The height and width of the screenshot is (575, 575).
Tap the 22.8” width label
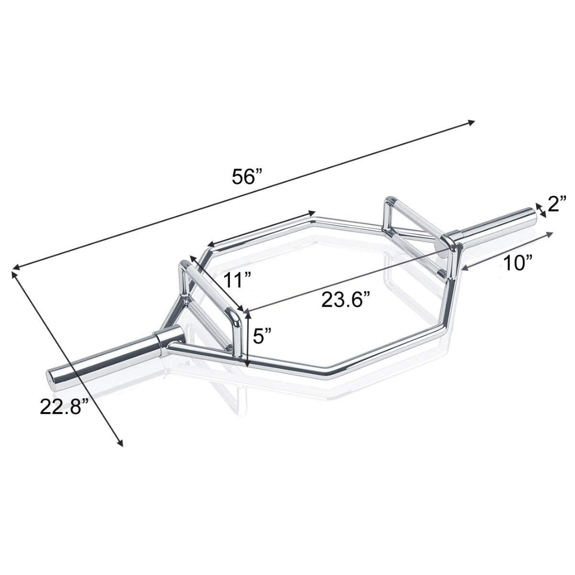point(63,407)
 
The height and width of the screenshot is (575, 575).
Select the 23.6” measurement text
point(345,300)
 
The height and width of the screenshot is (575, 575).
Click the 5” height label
point(262,336)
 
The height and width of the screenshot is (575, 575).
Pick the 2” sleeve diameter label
point(556,204)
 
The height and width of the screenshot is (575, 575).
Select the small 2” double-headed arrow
point(541,211)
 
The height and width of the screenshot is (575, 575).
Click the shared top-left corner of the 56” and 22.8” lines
point(13,270)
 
